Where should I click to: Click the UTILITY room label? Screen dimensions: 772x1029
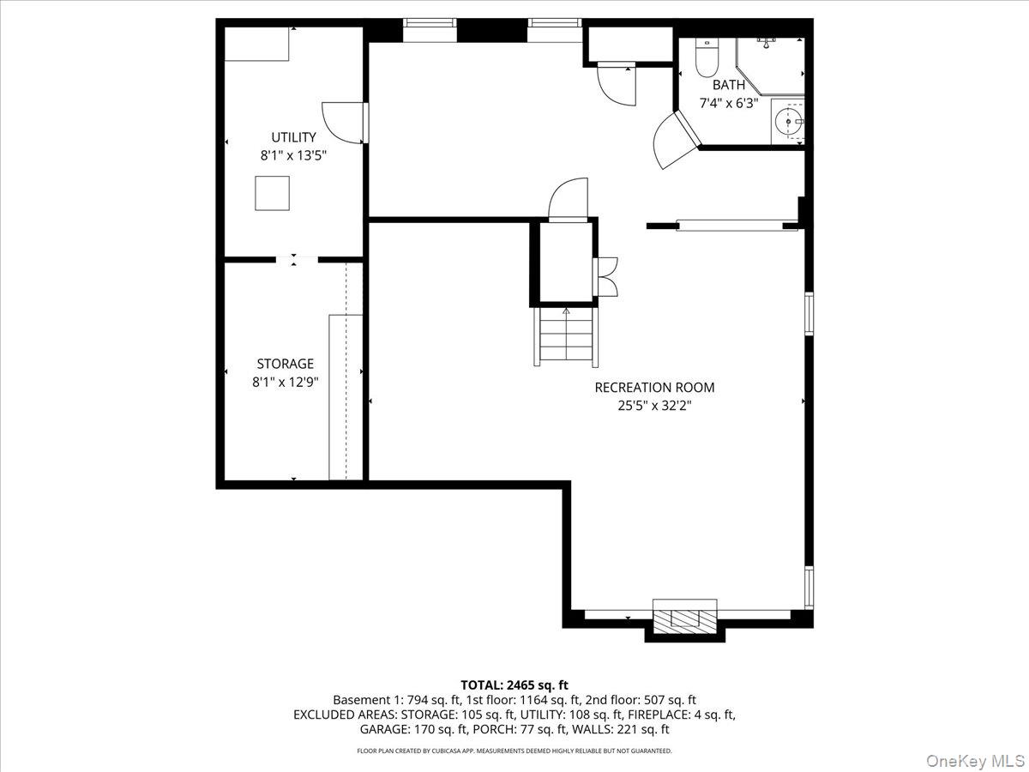[293, 137]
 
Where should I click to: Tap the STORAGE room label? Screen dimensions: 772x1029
[285, 364]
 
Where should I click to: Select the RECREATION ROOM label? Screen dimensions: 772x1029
[654, 388]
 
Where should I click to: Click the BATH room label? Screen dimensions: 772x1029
[728, 85]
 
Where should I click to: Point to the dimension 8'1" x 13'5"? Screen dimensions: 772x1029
[293, 156]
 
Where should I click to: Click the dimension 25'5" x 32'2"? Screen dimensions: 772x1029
[654, 406]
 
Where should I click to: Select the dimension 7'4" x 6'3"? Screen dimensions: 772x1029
[728, 103]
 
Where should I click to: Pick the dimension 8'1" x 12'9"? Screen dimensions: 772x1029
[285, 383]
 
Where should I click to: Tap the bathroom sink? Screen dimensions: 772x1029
[788, 123]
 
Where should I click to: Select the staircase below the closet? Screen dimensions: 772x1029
[565, 336]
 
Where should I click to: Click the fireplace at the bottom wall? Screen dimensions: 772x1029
[684, 618]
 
